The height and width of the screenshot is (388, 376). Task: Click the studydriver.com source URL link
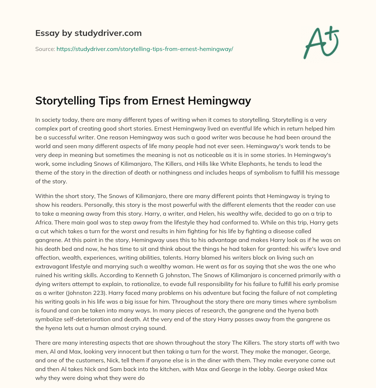[145, 49]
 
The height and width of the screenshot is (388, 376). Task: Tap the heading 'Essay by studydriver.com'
[88, 33]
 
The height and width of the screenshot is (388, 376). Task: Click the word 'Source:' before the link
[45, 49]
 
